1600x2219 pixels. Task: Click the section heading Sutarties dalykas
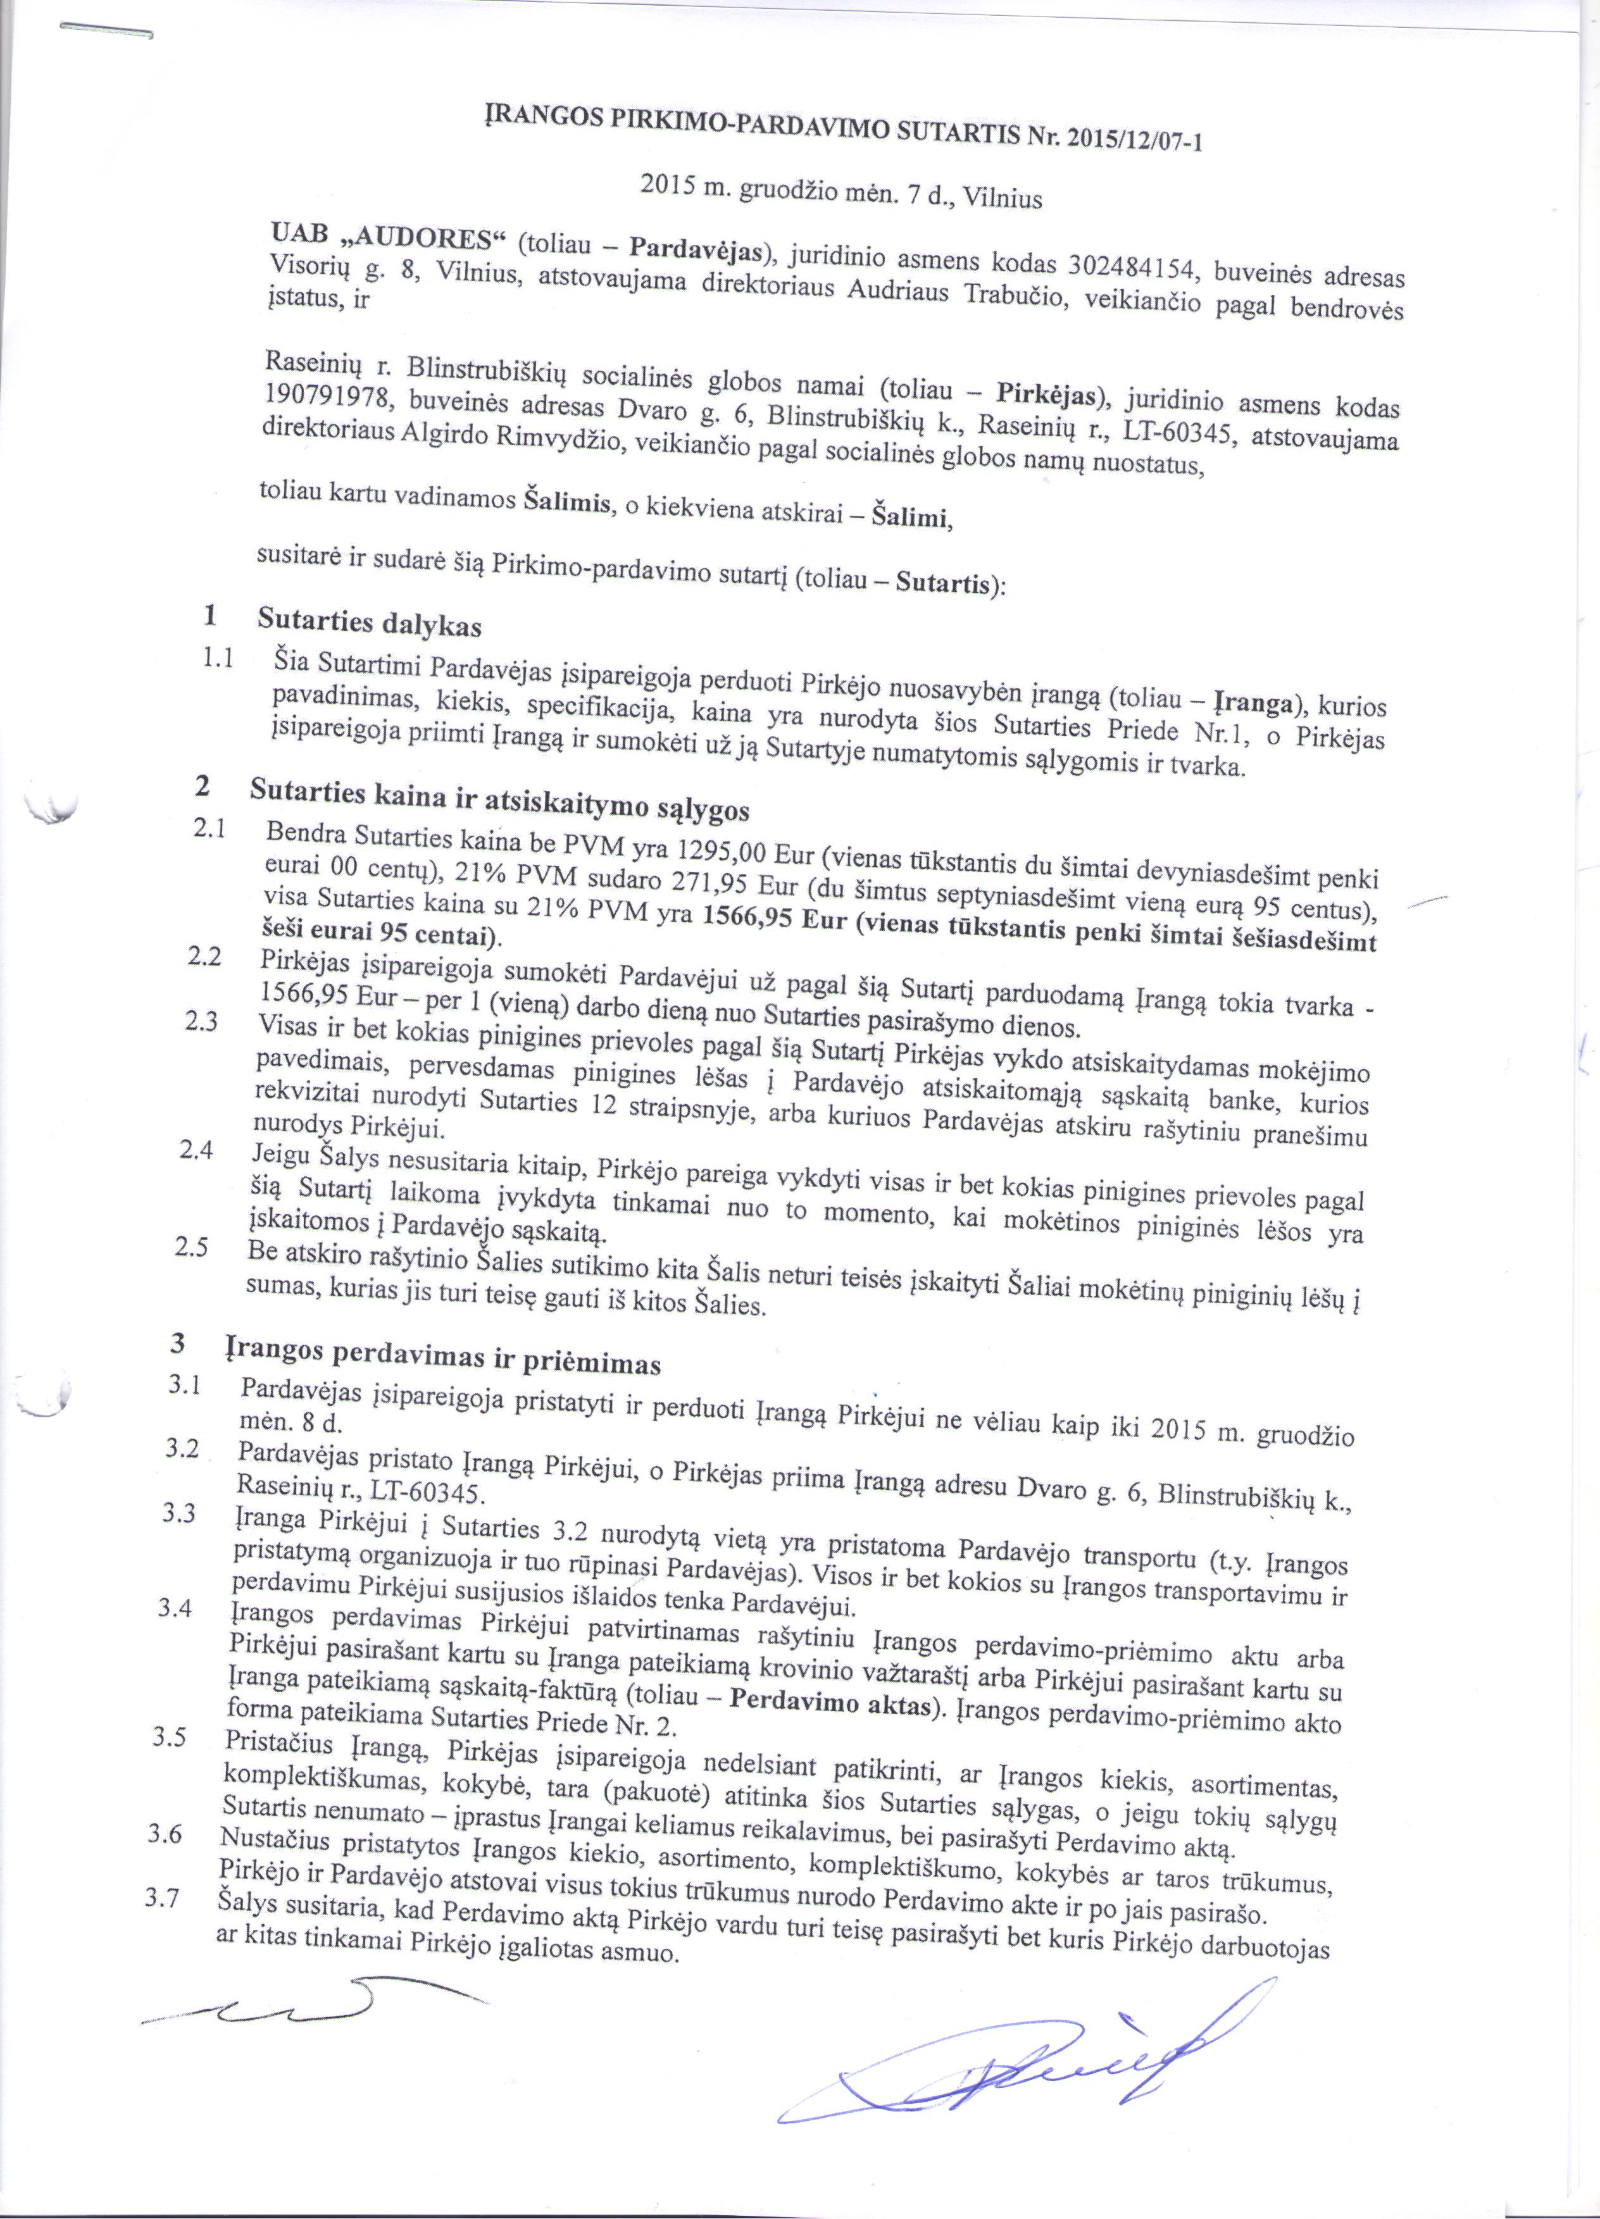click(369, 621)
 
